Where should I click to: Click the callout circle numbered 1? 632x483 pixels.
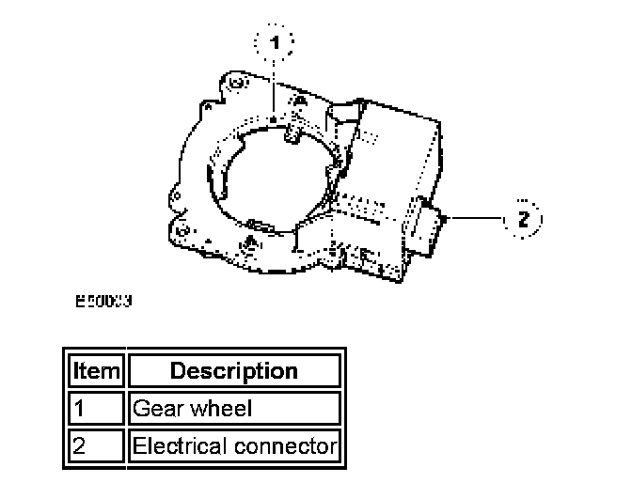click(x=275, y=42)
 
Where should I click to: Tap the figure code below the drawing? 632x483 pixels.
click(x=103, y=303)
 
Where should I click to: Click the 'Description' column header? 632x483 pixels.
click(x=233, y=370)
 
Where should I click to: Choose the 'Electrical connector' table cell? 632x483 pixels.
click(x=233, y=446)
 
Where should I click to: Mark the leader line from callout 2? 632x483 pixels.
click(x=475, y=219)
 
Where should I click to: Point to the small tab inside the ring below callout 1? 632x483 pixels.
click(x=290, y=136)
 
